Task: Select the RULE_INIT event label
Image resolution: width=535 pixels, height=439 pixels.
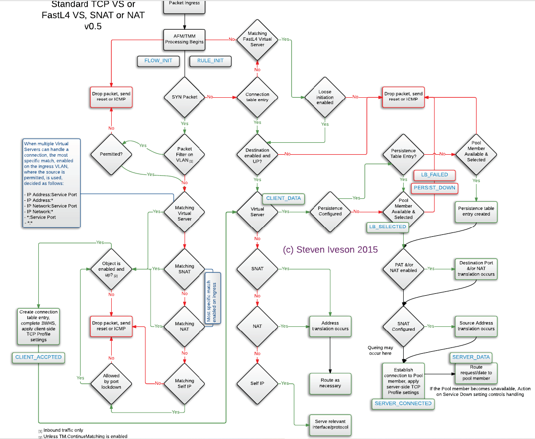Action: pyautogui.click(x=210, y=61)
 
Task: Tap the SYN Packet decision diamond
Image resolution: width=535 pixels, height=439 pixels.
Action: pyautogui.click(x=185, y=97)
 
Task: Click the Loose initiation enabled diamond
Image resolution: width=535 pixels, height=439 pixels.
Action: pyautogui.click(x=325, y=97)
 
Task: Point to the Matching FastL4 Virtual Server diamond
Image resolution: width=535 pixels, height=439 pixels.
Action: pyautogui.click(x=257, y=39)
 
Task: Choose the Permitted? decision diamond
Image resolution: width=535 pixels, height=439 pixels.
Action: pyautogui.click(x=111, y=155)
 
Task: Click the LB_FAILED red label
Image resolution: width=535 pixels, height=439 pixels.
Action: pyautogui.click(x=434, y=174)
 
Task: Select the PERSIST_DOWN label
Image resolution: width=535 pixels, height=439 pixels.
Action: pyautogui.click(x=434, y=187)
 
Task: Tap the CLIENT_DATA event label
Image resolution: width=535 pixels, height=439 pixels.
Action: pyautogui.click(x=283, y=198)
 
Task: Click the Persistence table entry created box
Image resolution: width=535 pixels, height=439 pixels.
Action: pyautogui.click(x=476, y=211)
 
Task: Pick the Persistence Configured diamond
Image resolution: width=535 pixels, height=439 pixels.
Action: pyautogui.click(x=330, y=211)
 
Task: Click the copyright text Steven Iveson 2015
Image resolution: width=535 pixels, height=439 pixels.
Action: pyautogui.click(x=330, y=250)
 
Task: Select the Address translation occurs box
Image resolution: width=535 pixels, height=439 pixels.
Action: pyautogui.click(x=330, y=326)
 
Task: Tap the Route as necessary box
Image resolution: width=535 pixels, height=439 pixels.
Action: pyautogui.click(x=330, y=382)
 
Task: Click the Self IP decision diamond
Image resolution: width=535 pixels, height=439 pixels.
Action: pyautogui.click(x=257, y=383)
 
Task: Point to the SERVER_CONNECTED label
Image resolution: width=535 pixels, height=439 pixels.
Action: pyautogui.click(x=403, y=404)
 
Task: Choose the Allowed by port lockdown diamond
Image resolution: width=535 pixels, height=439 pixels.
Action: pyautogui.click(x=111, y=381)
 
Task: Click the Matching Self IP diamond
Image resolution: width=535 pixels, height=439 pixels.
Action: pyautogui.click(x=185, y=383)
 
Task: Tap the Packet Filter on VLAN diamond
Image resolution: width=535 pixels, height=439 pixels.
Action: pyautogui.click(x=185, y=155)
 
